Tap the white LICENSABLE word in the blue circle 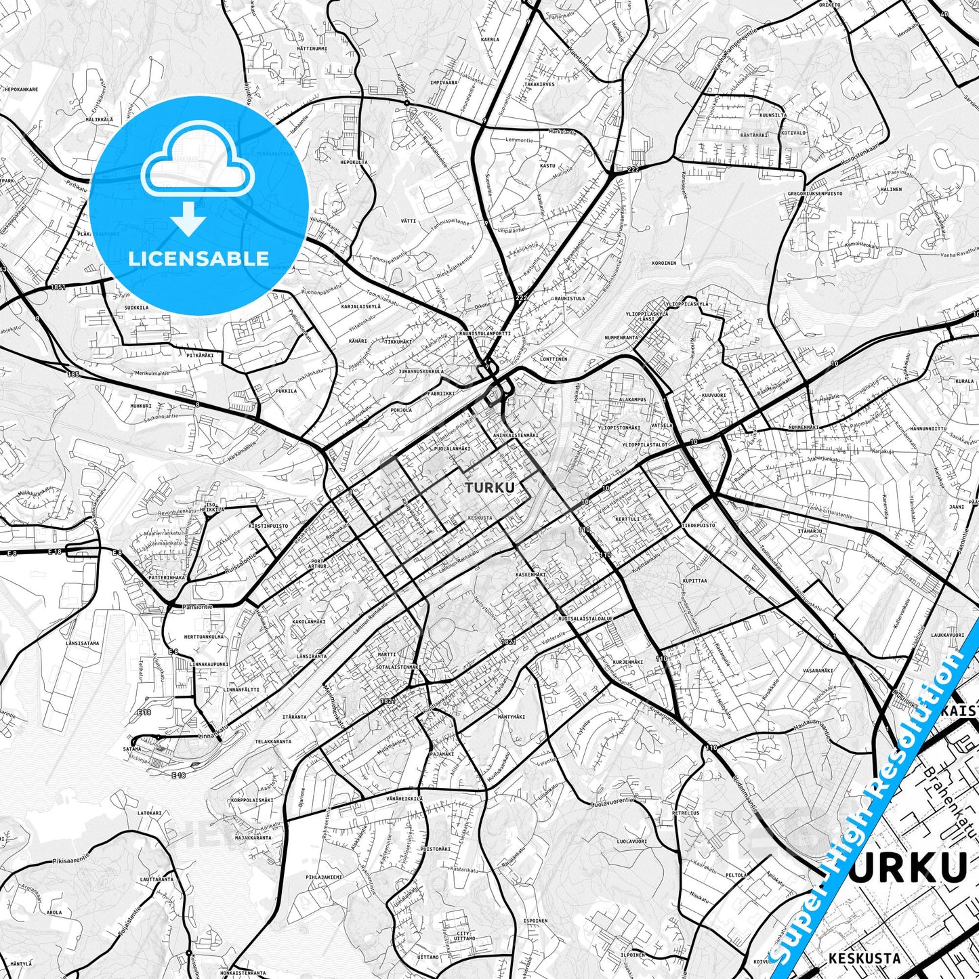[x=199, y=259]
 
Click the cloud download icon [x=196, y=180]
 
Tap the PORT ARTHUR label [x=318, y=563]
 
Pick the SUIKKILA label [x=137, y=308]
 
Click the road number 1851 [x=58, y=287]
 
